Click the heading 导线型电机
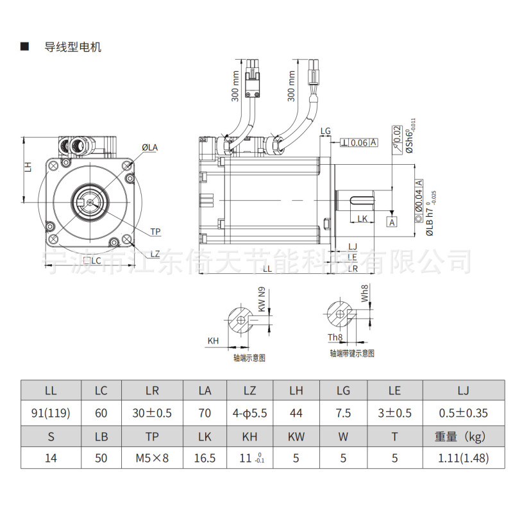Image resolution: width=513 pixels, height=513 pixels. (72, 47)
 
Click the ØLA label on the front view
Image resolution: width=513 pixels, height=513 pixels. (150, 147)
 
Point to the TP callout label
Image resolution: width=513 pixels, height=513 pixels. (155, 231)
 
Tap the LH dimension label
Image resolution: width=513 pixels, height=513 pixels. (28, 167)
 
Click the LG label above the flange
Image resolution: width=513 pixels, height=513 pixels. (326, 131)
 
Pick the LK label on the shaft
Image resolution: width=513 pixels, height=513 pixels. (362, 219)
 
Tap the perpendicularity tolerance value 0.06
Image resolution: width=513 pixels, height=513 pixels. (359, 142)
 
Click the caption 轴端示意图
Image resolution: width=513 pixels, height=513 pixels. (249, 358)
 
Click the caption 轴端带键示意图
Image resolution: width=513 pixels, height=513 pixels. (351, 353)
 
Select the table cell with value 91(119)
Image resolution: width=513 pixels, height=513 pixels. (51, 414)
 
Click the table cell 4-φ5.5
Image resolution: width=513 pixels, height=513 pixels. (250, 414)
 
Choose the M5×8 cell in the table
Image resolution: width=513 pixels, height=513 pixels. (151, 458)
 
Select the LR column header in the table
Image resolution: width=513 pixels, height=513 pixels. (151, 391)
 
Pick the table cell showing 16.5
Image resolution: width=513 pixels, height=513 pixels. (205, 458)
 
